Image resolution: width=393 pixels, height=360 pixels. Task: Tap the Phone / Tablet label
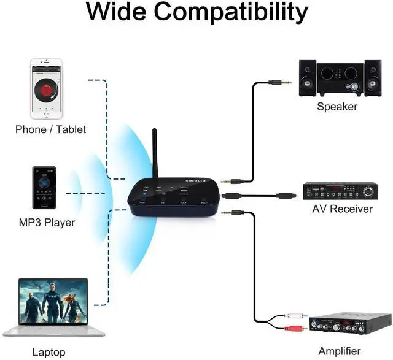click(x=50, y=129)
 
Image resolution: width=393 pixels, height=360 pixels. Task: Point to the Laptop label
click(x=49, y=352)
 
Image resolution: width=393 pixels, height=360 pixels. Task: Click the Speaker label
click(x=337, y=107)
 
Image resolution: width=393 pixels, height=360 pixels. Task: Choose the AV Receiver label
click(x=342, y=209)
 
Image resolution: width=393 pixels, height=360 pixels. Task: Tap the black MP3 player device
click(x=44, y=192)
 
